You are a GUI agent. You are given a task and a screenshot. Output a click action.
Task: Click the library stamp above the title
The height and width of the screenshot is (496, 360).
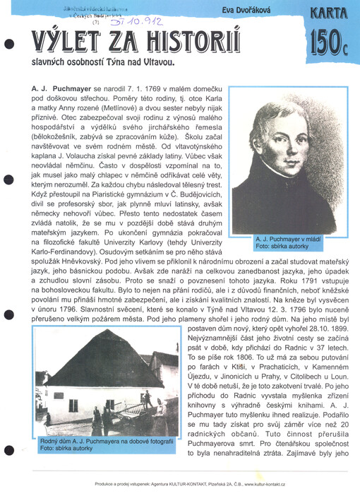pos(78,10)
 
